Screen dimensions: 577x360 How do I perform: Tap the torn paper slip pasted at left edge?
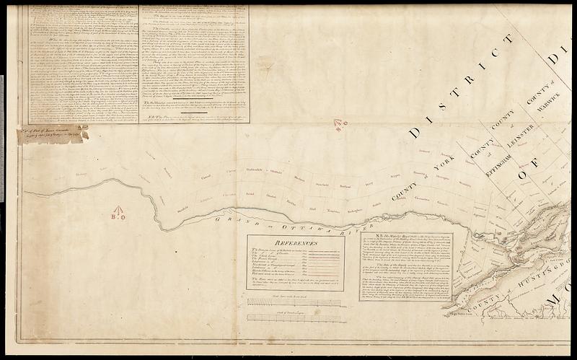click(x=54, y=133)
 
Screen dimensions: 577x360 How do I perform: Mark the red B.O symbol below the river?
click(x=118, y=215)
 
